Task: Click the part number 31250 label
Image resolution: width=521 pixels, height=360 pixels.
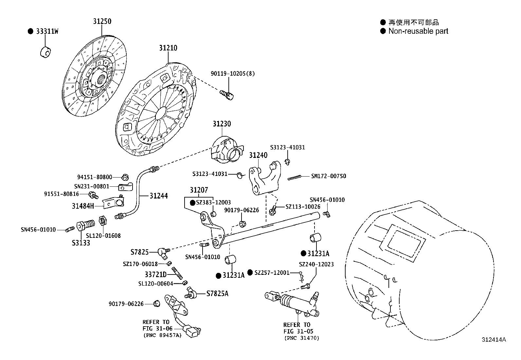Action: click(x=102, y=21)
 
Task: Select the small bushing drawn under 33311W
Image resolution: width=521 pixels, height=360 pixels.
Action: click(x=45, y=52)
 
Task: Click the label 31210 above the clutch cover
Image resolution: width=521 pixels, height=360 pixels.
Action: click(x=168, y=48)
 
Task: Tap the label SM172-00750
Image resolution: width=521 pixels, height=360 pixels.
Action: click(x=328, y=176)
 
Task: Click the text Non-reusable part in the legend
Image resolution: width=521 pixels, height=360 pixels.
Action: click(x=418, y=31)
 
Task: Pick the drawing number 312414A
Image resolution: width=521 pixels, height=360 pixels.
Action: click(x=494, y=340)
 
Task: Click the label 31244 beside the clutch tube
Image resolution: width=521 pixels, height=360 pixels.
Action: click(x=159, y=196)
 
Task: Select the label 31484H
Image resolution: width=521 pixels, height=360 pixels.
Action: click(x=83, y=206)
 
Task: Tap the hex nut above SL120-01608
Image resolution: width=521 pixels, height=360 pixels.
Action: click(x=102, y=221)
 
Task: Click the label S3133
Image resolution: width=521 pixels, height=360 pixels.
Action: click(x=81, y=243)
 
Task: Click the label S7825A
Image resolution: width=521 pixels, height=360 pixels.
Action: click(x=217, y=294)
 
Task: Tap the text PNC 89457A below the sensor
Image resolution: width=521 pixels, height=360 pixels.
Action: click(x=162, y=335)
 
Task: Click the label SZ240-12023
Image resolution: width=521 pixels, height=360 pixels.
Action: click(x=316, y=264)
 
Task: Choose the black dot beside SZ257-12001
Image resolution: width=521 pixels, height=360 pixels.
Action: click(x=250, y=273)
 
